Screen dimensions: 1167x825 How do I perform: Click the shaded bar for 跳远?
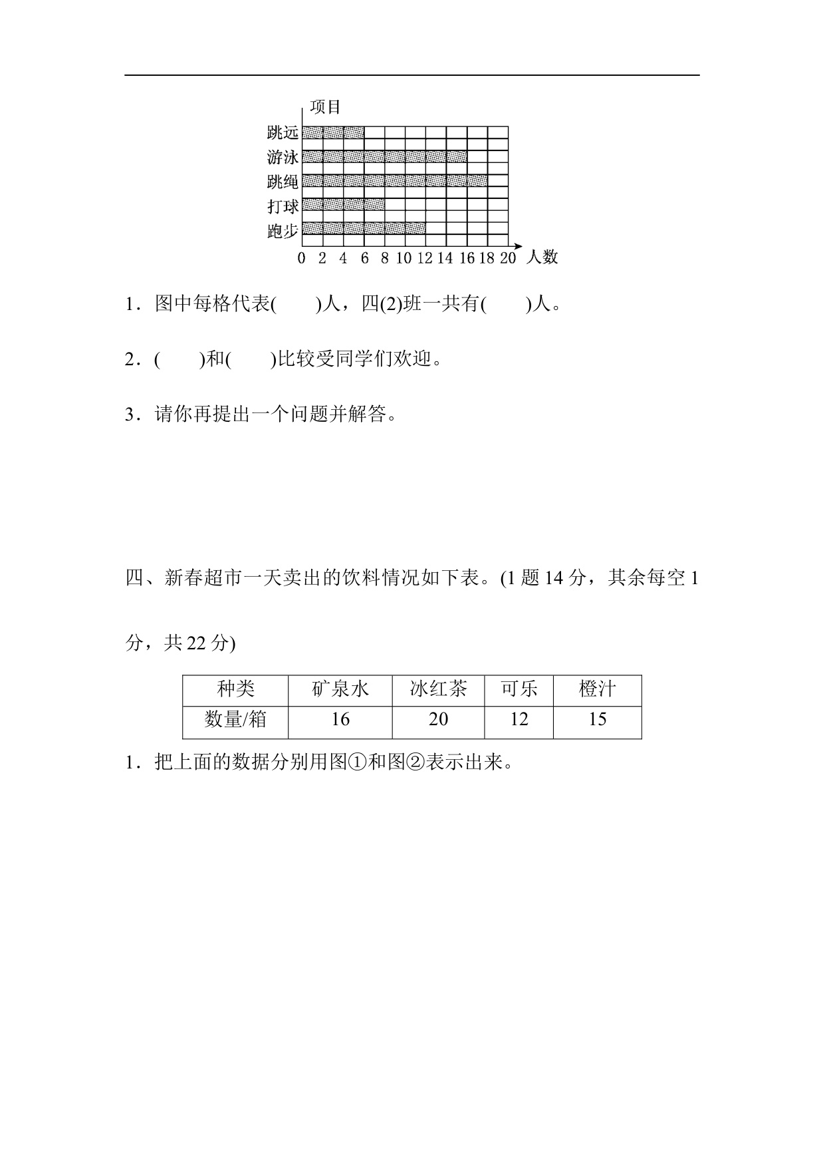333,132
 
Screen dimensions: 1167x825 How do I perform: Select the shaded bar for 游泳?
384,157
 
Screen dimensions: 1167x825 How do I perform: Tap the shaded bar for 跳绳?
395,180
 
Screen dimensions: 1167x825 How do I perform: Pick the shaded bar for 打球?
343,205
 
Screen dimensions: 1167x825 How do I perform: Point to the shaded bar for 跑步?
364,229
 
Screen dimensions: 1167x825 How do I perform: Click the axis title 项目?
325,107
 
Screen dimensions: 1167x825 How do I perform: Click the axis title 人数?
542,257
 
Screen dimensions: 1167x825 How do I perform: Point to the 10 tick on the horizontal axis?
404,259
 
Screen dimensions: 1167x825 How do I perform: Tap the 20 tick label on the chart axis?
507,259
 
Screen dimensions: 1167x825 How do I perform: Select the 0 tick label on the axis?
302,259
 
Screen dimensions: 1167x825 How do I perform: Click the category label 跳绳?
283,182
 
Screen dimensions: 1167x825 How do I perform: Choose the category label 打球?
283,206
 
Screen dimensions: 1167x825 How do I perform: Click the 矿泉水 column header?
340,689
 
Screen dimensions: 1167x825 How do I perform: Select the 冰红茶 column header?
438,689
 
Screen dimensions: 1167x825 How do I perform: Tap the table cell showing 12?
519,720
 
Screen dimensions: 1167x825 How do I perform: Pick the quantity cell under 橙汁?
597,720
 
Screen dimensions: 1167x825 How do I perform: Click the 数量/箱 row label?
235,720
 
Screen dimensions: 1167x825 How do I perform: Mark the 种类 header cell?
235,689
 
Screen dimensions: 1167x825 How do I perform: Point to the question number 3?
130,415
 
